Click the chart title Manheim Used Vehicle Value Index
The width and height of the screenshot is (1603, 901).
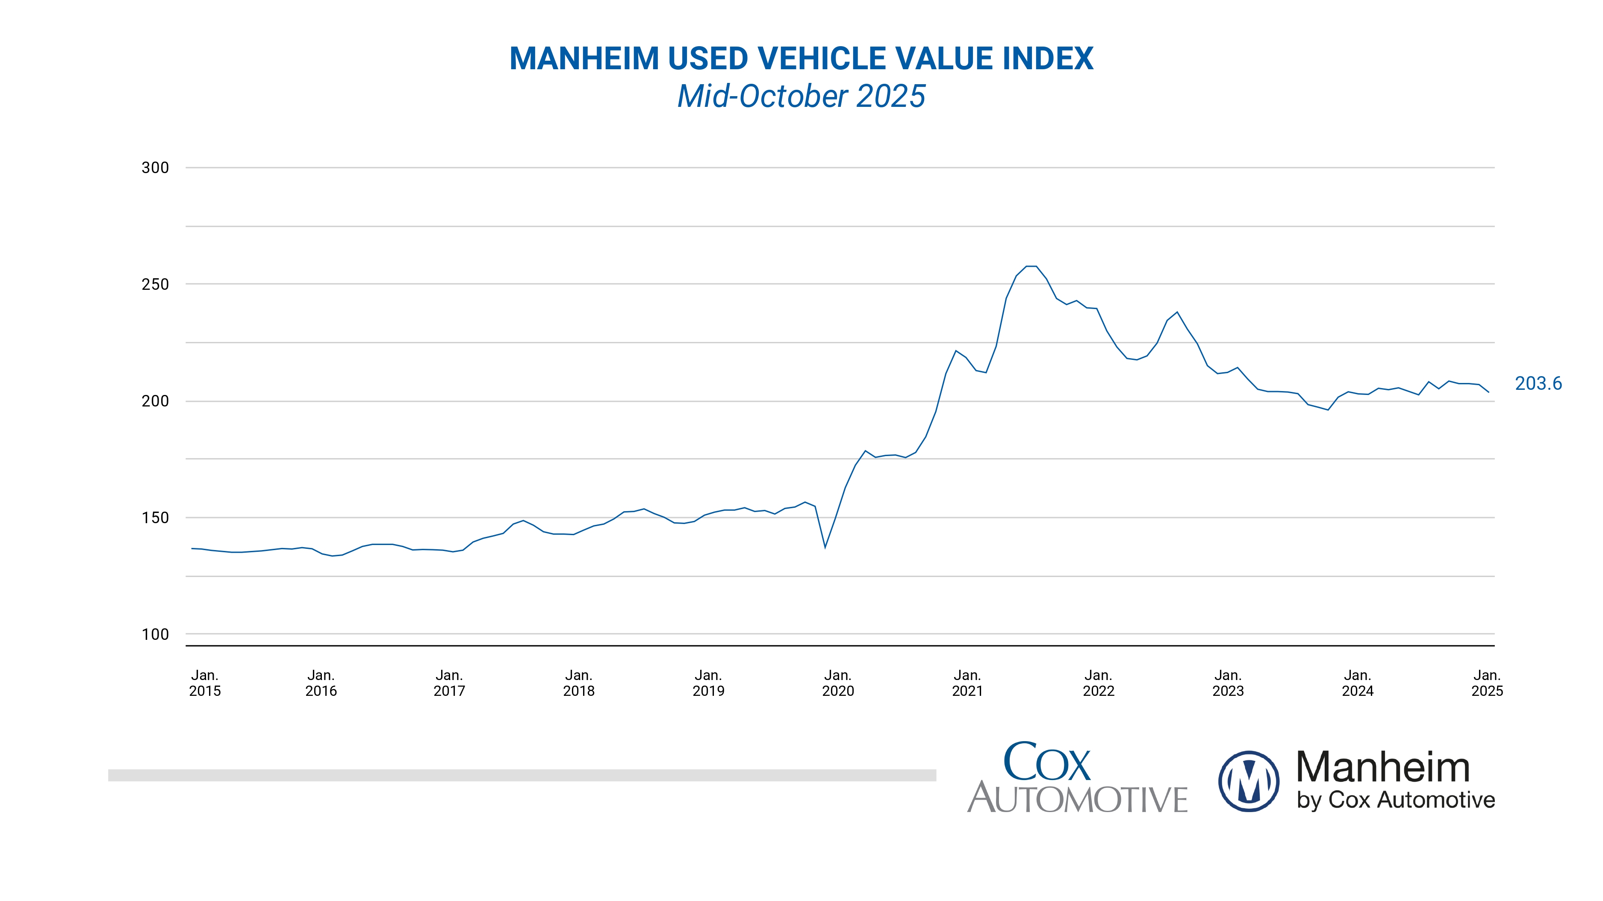[x=801, y=59]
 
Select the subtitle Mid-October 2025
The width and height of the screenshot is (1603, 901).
[x=801, y=97]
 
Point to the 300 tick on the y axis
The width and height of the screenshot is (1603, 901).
[x=155, y=168]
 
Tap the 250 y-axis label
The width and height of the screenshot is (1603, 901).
[x=155, y=284]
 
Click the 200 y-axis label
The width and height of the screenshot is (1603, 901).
[x=155, y=401]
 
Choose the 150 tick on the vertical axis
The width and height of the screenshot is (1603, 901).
[x=155, y=518]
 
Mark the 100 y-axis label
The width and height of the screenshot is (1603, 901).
[x=155, y=634]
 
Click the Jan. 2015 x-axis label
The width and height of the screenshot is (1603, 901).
[x=205, y=683]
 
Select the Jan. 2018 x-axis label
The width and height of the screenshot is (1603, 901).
[x=579, y=683]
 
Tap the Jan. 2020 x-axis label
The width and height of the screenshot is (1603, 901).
[x=837, y=683]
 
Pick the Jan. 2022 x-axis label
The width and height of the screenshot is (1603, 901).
[x=1098, y=683]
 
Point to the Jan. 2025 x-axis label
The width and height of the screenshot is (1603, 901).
[x=1487, y=683]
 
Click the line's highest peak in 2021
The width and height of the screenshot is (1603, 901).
[x=1031, y=266]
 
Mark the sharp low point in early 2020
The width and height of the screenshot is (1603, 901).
[x=825, y=548]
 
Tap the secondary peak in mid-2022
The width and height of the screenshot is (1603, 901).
[x=1177, y=312]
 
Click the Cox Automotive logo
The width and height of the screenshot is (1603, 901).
[x=1077, y=778]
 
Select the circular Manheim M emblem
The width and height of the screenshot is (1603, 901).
[x=1248, y=781]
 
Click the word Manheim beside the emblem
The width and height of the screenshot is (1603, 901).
[x=1383, y=767]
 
